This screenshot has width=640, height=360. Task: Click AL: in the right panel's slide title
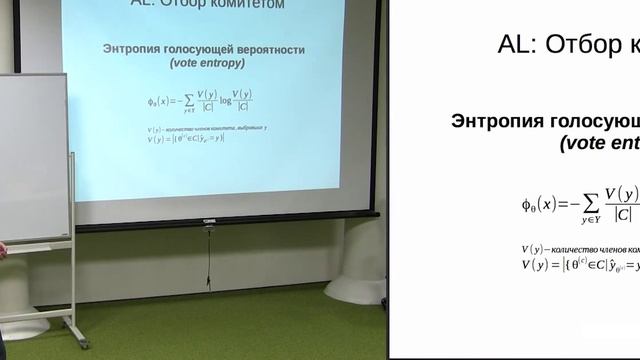pyautogui.click(x=519, y=44)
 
